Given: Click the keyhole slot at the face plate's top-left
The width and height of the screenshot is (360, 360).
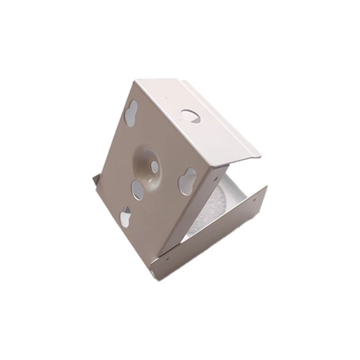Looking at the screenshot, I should click(131, 112).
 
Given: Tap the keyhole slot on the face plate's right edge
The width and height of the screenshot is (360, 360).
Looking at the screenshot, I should click(187, 181).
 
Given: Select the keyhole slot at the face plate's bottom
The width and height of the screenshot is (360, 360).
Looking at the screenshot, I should click(126, 217).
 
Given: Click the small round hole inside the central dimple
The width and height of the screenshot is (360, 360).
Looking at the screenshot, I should click(154, 168).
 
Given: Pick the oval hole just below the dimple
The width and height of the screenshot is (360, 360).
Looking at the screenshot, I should click(138, 189).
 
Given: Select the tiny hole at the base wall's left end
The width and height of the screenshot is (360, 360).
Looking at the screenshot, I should click(167, 258).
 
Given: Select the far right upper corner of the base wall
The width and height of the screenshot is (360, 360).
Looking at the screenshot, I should click(266, 186).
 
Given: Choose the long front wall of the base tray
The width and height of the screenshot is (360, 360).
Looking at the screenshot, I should click(211, 234).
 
